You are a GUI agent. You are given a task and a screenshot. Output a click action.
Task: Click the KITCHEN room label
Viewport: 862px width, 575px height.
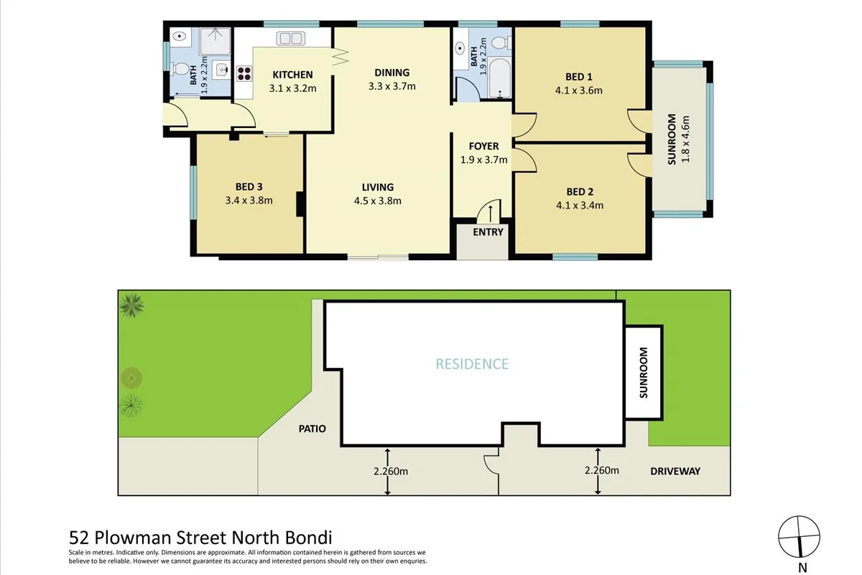point(291,75)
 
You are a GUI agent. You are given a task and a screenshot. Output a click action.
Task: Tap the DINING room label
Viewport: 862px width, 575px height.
point(391,73)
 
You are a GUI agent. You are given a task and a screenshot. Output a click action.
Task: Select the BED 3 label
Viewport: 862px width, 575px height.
point(249,187)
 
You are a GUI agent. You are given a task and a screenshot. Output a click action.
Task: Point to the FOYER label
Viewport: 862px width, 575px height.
point(483,147)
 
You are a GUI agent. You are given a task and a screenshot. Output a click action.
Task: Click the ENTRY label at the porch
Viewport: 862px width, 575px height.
point(488,232)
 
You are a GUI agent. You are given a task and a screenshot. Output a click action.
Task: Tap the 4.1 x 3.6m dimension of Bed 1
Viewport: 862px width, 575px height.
point(578,91)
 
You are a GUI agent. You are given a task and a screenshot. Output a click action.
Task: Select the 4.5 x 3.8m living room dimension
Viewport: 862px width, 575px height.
point(377,201)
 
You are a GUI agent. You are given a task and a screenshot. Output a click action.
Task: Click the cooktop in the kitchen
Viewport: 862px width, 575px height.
point(244,73)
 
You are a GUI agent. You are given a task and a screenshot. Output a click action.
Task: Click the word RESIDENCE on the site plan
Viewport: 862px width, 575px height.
point(472,364)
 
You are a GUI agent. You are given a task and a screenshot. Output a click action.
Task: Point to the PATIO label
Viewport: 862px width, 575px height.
point(312,429)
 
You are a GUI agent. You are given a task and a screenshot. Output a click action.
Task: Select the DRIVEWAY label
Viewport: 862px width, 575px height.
point(675,471)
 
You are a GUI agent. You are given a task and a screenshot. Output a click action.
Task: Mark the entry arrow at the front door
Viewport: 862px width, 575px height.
point(490,211)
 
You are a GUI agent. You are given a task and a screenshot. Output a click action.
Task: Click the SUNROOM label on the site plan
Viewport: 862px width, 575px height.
point(643,372)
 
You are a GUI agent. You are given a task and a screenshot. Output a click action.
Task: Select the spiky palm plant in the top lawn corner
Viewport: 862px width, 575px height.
point(131,305)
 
